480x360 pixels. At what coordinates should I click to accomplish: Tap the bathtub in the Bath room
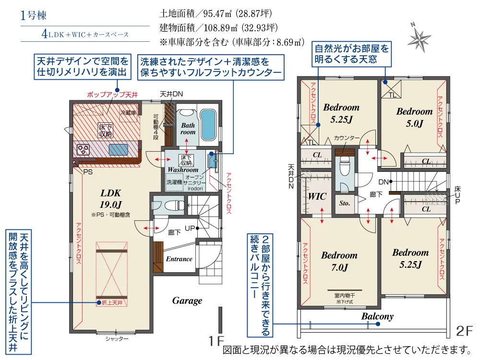click(208, 124)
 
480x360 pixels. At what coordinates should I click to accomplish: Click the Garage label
click(187, 301)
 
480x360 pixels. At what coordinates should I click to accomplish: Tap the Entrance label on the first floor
click(179, 259)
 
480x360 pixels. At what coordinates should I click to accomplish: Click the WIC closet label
click(317, 197)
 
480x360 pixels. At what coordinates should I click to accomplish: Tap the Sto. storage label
click(345, 204)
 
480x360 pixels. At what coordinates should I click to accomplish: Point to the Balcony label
click(377, 317)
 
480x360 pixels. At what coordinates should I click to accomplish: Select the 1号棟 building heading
click(34, 15)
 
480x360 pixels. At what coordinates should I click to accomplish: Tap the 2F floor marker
click(464, 331)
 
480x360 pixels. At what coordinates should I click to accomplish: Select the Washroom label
click(183, 170)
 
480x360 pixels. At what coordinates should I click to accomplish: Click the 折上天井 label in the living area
click(112, 303)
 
